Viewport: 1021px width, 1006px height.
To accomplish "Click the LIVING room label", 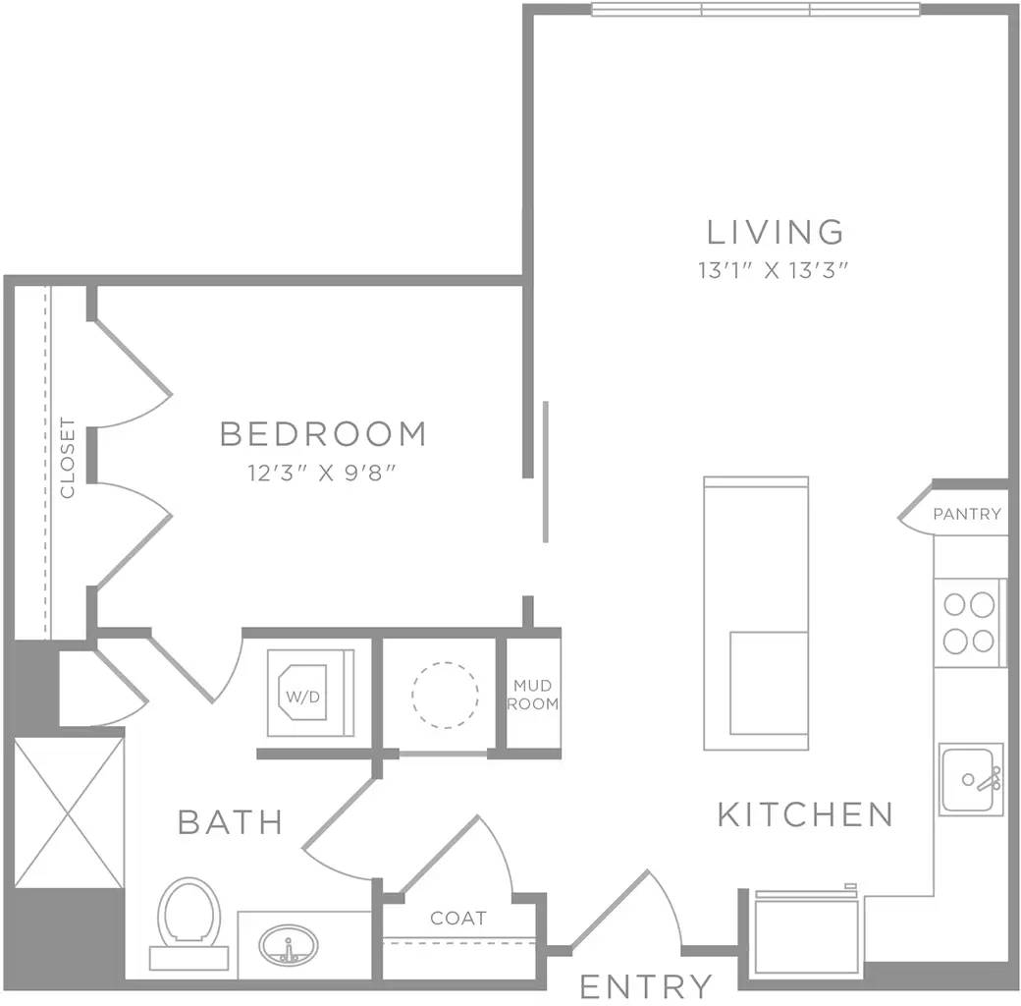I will [x=776, y=232].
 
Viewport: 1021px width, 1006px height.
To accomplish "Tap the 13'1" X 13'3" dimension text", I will [x=773, y=271].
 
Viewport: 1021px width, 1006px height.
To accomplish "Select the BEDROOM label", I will [x=323, y=433].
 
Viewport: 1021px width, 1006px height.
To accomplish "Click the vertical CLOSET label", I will [x=67, y=458].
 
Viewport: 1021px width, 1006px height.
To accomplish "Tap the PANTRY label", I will [x=967, y=514].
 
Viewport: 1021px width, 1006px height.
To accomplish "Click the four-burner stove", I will [x=968, y=624].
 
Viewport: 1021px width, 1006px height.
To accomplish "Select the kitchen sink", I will [x=971, y=779].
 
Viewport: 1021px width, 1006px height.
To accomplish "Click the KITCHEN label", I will [x=805, y=814].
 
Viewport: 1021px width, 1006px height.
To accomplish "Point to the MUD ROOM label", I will [x=535, y=696].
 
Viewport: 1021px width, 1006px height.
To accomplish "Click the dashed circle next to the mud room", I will [x=445, y=694].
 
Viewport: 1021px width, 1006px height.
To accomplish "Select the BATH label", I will [x=231, y=821].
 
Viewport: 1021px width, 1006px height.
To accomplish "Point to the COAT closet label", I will [x=458, y=919].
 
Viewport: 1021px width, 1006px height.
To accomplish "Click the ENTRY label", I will [x=645, y=984].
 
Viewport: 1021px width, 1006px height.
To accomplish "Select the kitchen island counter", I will [x=756, y=613].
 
